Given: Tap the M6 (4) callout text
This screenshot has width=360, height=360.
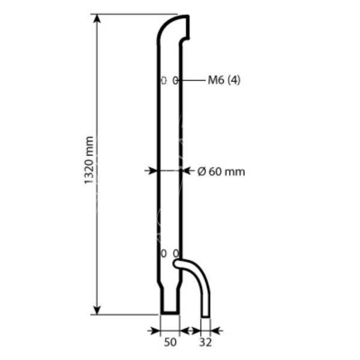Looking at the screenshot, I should [224, 80].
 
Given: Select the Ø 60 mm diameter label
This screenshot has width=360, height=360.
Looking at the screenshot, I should [221, 172].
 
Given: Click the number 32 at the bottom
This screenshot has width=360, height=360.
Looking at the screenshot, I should [206, 343].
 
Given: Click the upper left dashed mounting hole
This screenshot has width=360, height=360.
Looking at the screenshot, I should [164, 80].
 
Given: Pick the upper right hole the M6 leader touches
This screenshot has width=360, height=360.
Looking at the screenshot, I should [175, 80].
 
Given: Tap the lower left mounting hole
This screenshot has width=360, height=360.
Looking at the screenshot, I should [164, 253].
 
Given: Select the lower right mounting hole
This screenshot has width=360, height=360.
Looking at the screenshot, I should [175, 253].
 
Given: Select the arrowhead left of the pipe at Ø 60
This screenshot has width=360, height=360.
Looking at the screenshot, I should [153, 171].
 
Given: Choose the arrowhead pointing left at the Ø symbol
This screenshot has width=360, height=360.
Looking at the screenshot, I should [186, 171].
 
